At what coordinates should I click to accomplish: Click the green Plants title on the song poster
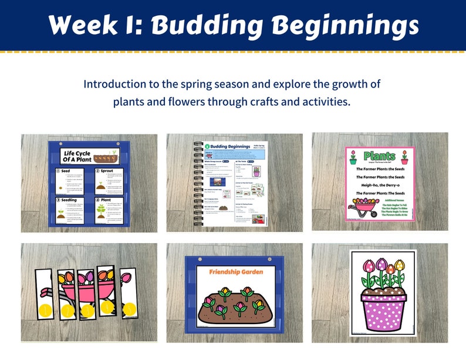[x=380, y=156]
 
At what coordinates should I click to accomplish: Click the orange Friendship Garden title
[x=235, y=272]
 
